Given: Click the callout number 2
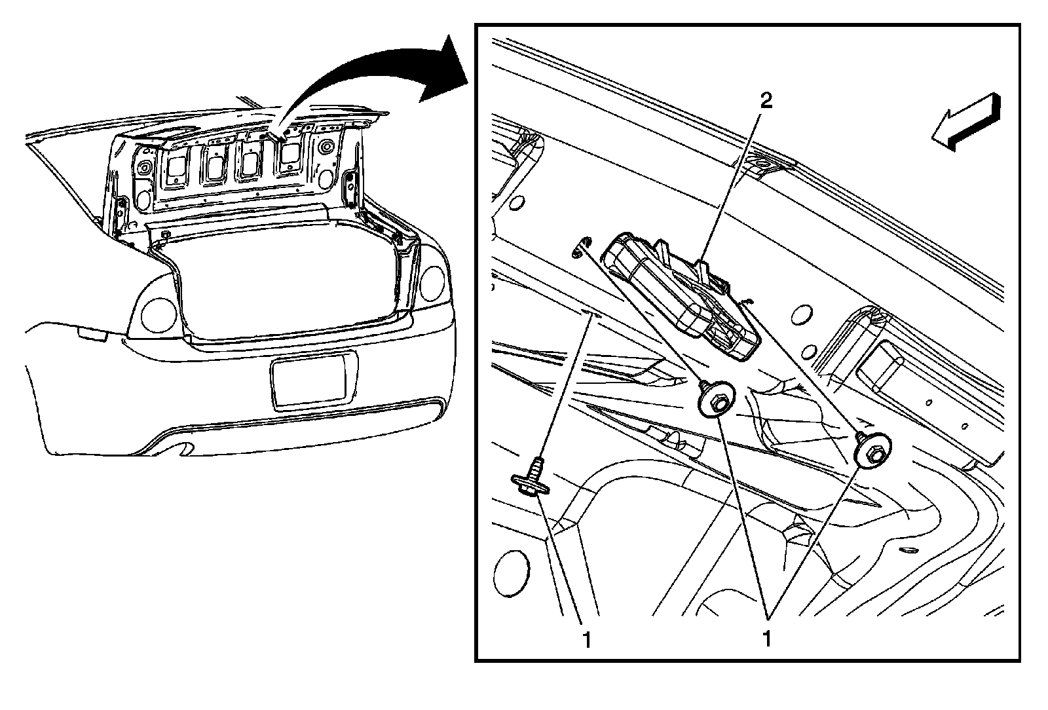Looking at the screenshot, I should click(766, 100).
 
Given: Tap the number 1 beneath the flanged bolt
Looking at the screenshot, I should click(588, 639).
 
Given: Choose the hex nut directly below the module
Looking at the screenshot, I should click(717, 400).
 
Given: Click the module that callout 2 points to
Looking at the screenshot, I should click(681, 295).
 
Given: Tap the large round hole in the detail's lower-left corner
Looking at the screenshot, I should click(513, 570).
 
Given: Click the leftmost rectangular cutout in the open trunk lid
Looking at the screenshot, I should click(176, 168).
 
